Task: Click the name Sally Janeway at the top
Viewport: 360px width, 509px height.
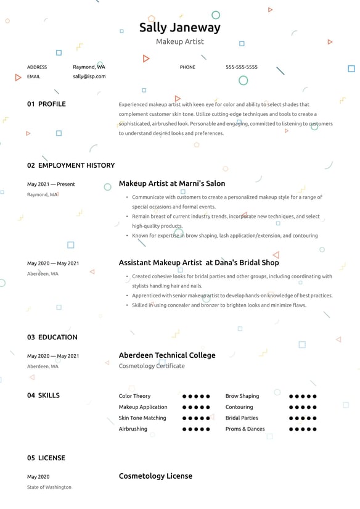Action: click(179, 27)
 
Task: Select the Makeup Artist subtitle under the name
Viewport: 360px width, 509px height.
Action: click(179, 41)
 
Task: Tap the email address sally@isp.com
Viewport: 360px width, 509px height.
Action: click(89, 77)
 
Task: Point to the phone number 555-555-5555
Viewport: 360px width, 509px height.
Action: click(242, 67)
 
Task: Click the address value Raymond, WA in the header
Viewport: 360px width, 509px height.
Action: click(89, 67)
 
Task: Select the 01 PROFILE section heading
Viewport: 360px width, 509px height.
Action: click(46, 104)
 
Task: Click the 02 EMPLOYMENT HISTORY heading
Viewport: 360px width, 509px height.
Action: click(71, 165)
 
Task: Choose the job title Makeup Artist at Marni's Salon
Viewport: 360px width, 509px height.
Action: click(172, 183)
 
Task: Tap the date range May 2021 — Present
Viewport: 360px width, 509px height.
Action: click(51, 184)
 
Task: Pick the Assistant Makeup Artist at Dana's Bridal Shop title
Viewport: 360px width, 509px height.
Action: click(198, 262)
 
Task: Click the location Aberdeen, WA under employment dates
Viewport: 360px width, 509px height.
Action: click(43, 273)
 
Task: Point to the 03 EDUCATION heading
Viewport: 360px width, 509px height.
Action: click(52, 337)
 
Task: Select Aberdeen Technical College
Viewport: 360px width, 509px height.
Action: click(167, 355)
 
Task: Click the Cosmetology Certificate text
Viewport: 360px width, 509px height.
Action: click(152, 366)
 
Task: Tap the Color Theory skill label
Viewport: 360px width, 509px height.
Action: click(134, 396)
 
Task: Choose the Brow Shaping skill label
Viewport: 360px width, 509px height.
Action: click(242, 396)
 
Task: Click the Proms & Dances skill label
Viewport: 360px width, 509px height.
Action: click(245, 429)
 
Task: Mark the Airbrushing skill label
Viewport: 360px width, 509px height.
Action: click(133, 429)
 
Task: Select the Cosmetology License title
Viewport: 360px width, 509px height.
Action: click(155, 476)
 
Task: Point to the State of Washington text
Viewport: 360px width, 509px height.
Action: click(49, 487)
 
